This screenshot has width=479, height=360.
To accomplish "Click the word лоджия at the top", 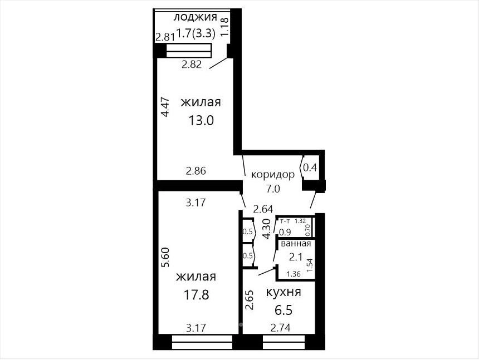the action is [x=195, y=17].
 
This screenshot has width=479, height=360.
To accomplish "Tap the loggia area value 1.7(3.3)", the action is [x=196, y=33].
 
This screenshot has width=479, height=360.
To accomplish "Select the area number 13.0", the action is [x=201, y=121].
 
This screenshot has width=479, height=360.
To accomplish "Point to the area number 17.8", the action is [x=196, y=295].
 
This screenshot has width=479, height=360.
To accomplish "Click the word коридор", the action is [x=273, y=175].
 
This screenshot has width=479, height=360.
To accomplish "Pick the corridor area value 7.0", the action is [x=273, y=189].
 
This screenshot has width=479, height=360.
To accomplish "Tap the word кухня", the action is [x=284, y=292].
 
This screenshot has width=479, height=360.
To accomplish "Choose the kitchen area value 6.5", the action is [x=284, y=310].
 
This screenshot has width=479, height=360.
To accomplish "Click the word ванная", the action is [x=296, y=244].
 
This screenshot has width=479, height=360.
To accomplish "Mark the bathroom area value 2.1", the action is [x=295, y=257].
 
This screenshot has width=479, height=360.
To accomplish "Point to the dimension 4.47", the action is [x=165, y=107].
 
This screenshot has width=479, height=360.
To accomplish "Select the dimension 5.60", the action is [x=165, y=257].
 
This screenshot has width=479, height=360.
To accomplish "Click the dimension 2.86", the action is [x=196, y=171].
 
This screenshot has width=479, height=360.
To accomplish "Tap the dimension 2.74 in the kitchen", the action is [x=280, y=328].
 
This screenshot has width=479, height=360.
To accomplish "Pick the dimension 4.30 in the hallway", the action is [x=266, y=229].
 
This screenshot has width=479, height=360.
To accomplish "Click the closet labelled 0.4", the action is [x=310, y=167].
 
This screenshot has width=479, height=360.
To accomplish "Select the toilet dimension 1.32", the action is [x=301, y=221].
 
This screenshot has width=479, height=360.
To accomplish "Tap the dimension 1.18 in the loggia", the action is [x=224, y=27].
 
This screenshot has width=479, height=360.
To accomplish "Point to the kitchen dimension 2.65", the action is [x=250, y=300].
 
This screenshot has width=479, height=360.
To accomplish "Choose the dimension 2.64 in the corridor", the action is [x=263, y=209].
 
